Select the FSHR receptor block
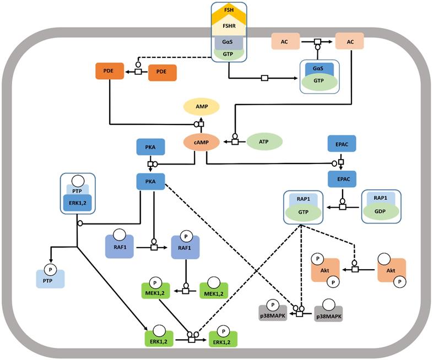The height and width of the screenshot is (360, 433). tap(229, 26)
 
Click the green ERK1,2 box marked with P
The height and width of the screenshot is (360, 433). tap(224, 339)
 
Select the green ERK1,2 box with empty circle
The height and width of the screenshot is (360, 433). tap(159, 339)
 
